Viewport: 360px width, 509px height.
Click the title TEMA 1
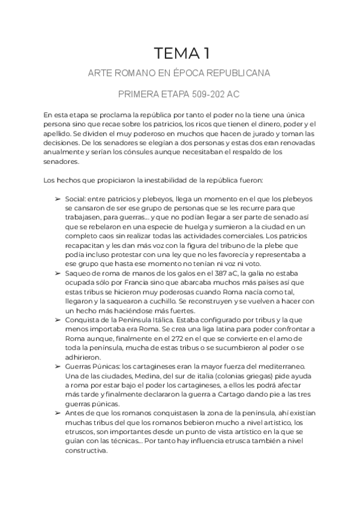(x=180, y=53)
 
